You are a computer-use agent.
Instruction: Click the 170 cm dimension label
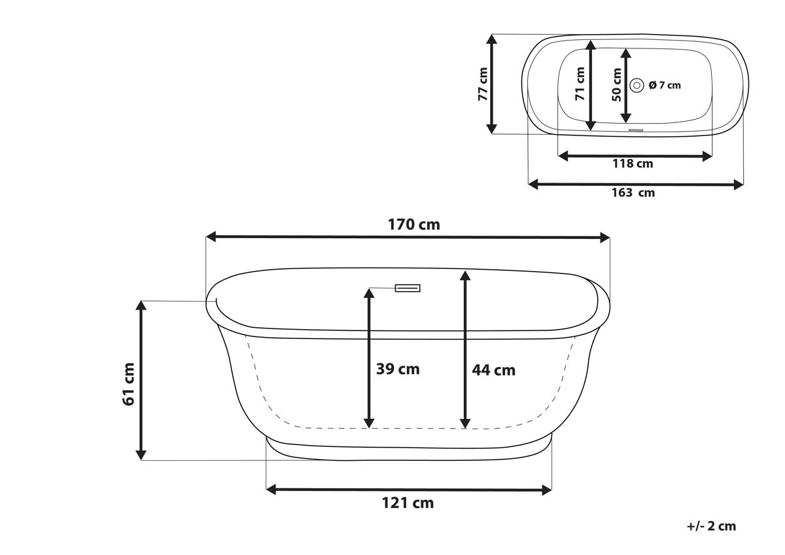[413, 224]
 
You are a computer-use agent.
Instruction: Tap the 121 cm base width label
[408, 503]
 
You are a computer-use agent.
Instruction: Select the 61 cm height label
[129, 385]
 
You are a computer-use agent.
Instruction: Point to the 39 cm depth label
[398, 369]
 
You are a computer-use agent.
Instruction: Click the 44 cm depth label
[493, 370]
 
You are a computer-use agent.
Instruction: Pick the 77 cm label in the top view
[483, 84]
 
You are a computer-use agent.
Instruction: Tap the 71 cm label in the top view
[580, 84]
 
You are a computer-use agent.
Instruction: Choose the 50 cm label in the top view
[616, 85]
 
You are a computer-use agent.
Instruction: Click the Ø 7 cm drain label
[665, 85]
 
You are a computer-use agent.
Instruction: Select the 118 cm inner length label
[633, 164]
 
